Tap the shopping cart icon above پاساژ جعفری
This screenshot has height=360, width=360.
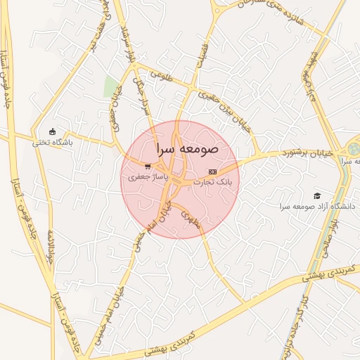click(147, 167)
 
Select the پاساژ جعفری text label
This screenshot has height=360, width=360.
click(147, 178)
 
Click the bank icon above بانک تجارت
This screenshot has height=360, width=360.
click(212, 172)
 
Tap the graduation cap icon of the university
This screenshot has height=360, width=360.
click(317, 195)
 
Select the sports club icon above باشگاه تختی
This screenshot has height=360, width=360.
click(52, 131)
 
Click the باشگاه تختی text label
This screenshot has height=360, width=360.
click(52, 142)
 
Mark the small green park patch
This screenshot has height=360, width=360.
click(111, 87)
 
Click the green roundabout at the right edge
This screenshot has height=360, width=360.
click(353, 150)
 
